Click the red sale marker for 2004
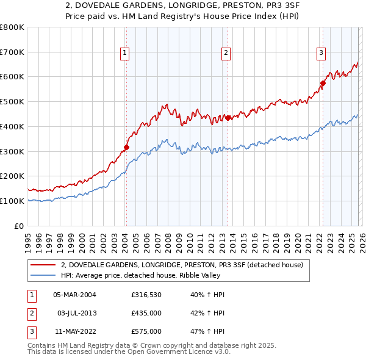126,147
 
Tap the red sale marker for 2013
228,118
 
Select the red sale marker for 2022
323,84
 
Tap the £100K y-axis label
12,201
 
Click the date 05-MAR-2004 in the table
74,295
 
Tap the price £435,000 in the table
146,313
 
